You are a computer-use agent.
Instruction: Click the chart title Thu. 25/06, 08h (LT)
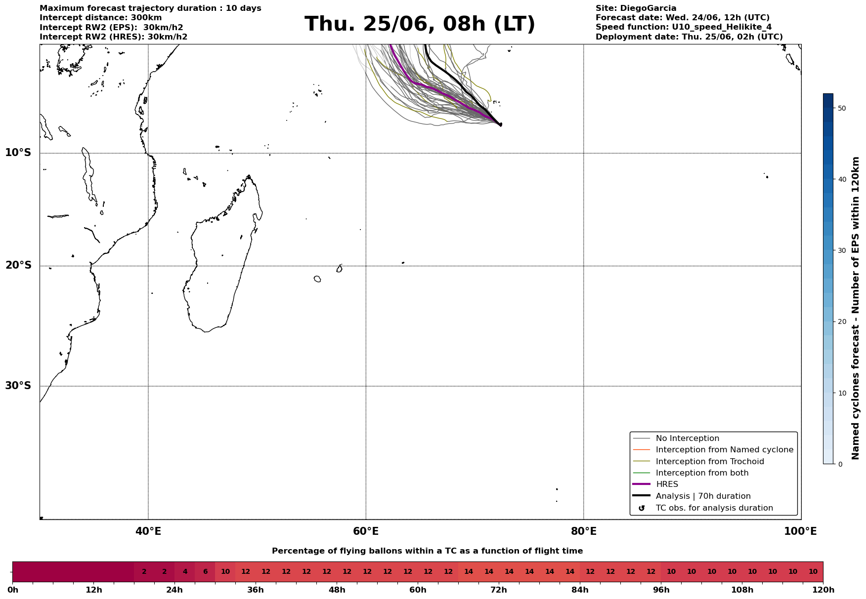click(x=420, y=24)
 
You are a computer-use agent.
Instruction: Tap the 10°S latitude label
click(x=18, y=153)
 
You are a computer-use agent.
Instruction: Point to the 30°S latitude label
click(x=18, y=386)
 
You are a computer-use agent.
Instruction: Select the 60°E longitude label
click(x=366, y=531)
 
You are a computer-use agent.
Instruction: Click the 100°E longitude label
click(x=800, y=531)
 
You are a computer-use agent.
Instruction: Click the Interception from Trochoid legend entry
click(x=698, y=462)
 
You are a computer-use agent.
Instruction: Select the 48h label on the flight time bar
click(x=337, y=590)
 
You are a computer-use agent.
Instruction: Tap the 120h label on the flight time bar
click(x=823, y=590)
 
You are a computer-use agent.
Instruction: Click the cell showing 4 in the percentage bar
click(x=185, y=572)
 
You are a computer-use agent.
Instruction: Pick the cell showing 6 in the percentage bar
click(x=205, y=572)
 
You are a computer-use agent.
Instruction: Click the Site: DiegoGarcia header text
click(x=636, y=8)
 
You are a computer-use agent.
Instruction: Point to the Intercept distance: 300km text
click(x=101, y=18)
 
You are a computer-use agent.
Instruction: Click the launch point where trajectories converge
click(x=500, y=124)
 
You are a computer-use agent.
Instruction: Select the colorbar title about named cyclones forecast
click(x=856, y=308)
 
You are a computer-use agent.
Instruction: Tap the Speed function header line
click(x=684, y=27)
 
